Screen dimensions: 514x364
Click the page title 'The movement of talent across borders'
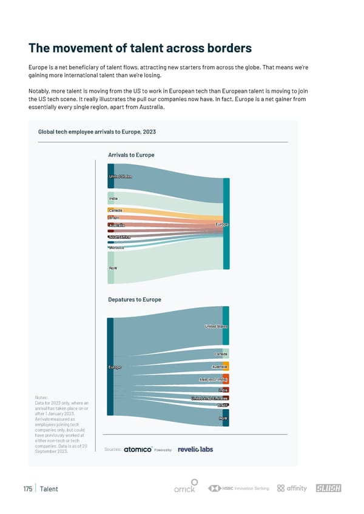[140, 48]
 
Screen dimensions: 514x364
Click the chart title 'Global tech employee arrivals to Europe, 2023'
[98, 132]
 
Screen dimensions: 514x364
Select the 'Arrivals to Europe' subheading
[131, 155]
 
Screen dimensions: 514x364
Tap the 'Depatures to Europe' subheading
[135, 299]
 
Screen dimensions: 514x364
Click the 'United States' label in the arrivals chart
[120, 176]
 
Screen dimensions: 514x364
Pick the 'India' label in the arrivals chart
[113, 198]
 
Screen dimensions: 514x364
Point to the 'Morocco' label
[116, 247]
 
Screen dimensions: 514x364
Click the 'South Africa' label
[120, 237]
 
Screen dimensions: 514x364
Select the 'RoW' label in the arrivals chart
[113, 268]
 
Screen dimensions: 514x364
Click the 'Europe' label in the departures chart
[115, 367]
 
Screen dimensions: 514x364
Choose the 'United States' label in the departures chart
[216, 327]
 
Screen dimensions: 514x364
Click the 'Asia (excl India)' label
[214, 379]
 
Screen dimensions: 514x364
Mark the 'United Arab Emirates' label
[209, 398]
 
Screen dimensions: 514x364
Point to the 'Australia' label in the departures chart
[220, 367]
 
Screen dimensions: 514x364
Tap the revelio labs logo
[195, 449]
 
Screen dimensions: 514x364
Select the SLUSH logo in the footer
[328, 489]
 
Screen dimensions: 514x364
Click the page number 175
[27, 489]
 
